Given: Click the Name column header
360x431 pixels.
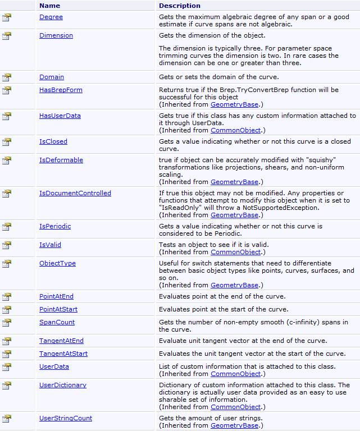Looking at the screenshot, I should click(50, 6).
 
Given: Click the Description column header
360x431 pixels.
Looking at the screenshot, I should click(179, 6).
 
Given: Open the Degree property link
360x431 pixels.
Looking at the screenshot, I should click(51, 17).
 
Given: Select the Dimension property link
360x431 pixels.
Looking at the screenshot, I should click(56, 35).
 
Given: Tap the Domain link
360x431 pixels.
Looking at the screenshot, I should click(52, 77).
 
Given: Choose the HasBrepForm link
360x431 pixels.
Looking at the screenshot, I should click(61, 90).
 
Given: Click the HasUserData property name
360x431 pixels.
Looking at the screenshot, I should click(60, 116).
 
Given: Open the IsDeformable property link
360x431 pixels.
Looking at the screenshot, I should click(61, 160).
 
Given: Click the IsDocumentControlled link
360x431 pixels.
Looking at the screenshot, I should click(75, 193).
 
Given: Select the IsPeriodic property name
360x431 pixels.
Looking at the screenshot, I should click(55, 226).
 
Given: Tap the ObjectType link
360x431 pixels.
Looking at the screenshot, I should click(57, 263).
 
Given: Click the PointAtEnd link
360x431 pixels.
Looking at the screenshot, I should click(56, 296).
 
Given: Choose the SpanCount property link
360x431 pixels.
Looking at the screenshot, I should click(57, 322).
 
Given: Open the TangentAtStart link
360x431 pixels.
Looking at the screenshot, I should click(63, 354).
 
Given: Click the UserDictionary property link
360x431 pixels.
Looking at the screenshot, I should click(63, 385).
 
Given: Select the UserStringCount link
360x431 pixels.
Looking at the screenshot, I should click(66, 418).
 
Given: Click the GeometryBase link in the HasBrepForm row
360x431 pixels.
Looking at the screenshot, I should click(234, 104).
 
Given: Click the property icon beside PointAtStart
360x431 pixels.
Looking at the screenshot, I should click(7, 310).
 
